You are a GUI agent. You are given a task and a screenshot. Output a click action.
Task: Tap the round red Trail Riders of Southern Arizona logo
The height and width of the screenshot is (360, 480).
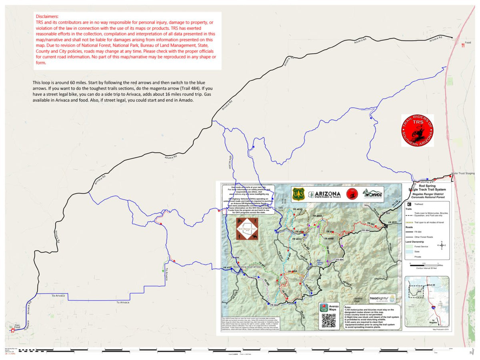pyautogui.click(x=417, y=130)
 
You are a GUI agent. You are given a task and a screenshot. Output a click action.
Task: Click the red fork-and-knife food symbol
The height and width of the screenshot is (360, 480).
pyautogui.click(x=463, y=45)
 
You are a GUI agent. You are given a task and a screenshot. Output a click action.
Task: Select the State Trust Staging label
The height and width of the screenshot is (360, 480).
pyautogui.click(x=463, y=173)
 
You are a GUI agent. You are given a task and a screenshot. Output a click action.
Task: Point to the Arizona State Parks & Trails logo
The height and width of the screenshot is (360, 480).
pyautogui.click(x=326, y=194)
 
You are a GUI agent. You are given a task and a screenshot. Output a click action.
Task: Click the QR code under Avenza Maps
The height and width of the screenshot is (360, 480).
pyautogui.click(x=328, y=322)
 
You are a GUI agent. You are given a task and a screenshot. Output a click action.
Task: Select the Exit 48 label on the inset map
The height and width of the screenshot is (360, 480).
pyautogui.click(x=430, y=285)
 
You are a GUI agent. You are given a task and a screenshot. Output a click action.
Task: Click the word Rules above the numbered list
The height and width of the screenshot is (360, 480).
pyautogui.click(x=350, y=307)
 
